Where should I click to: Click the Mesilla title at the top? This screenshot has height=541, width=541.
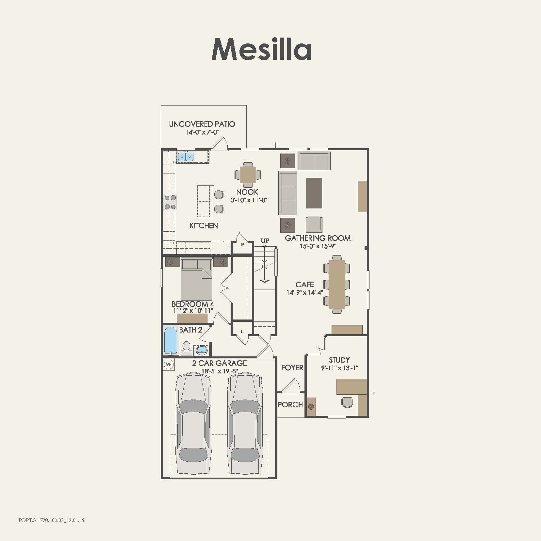click(x=261, y=49)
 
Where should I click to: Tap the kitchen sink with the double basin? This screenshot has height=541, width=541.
click(x=186, y=157)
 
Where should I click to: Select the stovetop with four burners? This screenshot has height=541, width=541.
click(x=170, y=202)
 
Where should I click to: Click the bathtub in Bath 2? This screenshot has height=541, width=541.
click(x=171, y=340)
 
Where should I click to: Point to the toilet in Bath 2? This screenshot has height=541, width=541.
click(x=187, y=347)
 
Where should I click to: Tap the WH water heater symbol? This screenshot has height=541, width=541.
click(x=169, y=364)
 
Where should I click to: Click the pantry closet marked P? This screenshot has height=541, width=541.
click(x=242, y=245)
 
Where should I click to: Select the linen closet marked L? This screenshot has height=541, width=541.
click(x=242, y=331)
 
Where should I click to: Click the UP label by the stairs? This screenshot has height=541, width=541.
click(x=265, y=240)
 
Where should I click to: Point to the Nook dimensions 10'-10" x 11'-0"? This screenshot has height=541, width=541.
click(x=247, y=200)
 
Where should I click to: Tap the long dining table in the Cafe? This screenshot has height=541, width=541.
click(x=337, y=284)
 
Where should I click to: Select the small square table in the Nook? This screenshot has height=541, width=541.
click(x=248, y=175)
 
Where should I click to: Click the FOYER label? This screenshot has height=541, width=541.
click(x=292, y=368)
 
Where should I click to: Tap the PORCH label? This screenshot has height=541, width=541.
click(x=290, y=404)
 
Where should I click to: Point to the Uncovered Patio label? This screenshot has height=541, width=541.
click(x=202, y=124)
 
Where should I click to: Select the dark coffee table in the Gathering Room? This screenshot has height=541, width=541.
click(x=314, y=193)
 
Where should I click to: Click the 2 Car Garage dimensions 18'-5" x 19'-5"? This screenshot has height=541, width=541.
click(x=220, y=371)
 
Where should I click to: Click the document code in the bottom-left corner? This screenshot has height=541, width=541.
click(x=52, y=520)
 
